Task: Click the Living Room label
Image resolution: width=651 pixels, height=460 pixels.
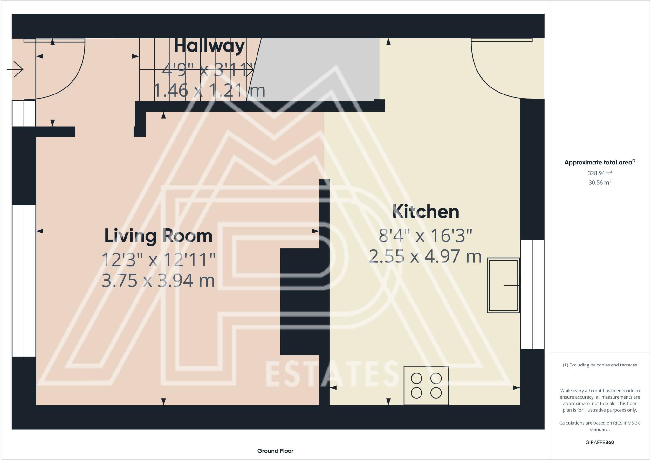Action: click(158, 236)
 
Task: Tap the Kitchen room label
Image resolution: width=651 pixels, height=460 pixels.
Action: click(426, 212)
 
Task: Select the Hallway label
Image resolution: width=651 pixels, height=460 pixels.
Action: click(209, 46)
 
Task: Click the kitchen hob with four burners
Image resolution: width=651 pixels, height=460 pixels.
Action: click(426, 385)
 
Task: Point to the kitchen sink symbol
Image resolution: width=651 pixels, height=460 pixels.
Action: click(504, 285)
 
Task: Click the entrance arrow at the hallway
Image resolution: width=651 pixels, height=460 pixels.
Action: click(15, 69)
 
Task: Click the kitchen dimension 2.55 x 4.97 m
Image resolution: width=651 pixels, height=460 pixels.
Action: click(425, 256)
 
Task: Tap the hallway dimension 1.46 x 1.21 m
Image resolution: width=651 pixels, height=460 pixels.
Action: click(209, 90)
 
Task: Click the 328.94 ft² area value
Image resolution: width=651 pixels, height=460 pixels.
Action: click(600, 173)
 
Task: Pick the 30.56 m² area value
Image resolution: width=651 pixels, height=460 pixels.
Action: click(600, 182)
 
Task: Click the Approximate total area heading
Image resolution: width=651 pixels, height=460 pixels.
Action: click(600, 162)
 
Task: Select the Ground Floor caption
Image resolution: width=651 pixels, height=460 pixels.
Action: click(275, 451)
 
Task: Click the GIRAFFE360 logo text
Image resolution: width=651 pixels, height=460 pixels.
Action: click(600, 442)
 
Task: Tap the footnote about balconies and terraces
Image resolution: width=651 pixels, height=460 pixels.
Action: click(600, 365)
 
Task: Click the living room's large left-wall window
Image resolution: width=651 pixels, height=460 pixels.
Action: click(24, 281)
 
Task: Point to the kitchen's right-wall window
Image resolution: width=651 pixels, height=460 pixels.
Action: click(532, 294)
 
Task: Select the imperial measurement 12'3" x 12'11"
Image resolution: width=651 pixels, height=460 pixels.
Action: click(159, 260)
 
